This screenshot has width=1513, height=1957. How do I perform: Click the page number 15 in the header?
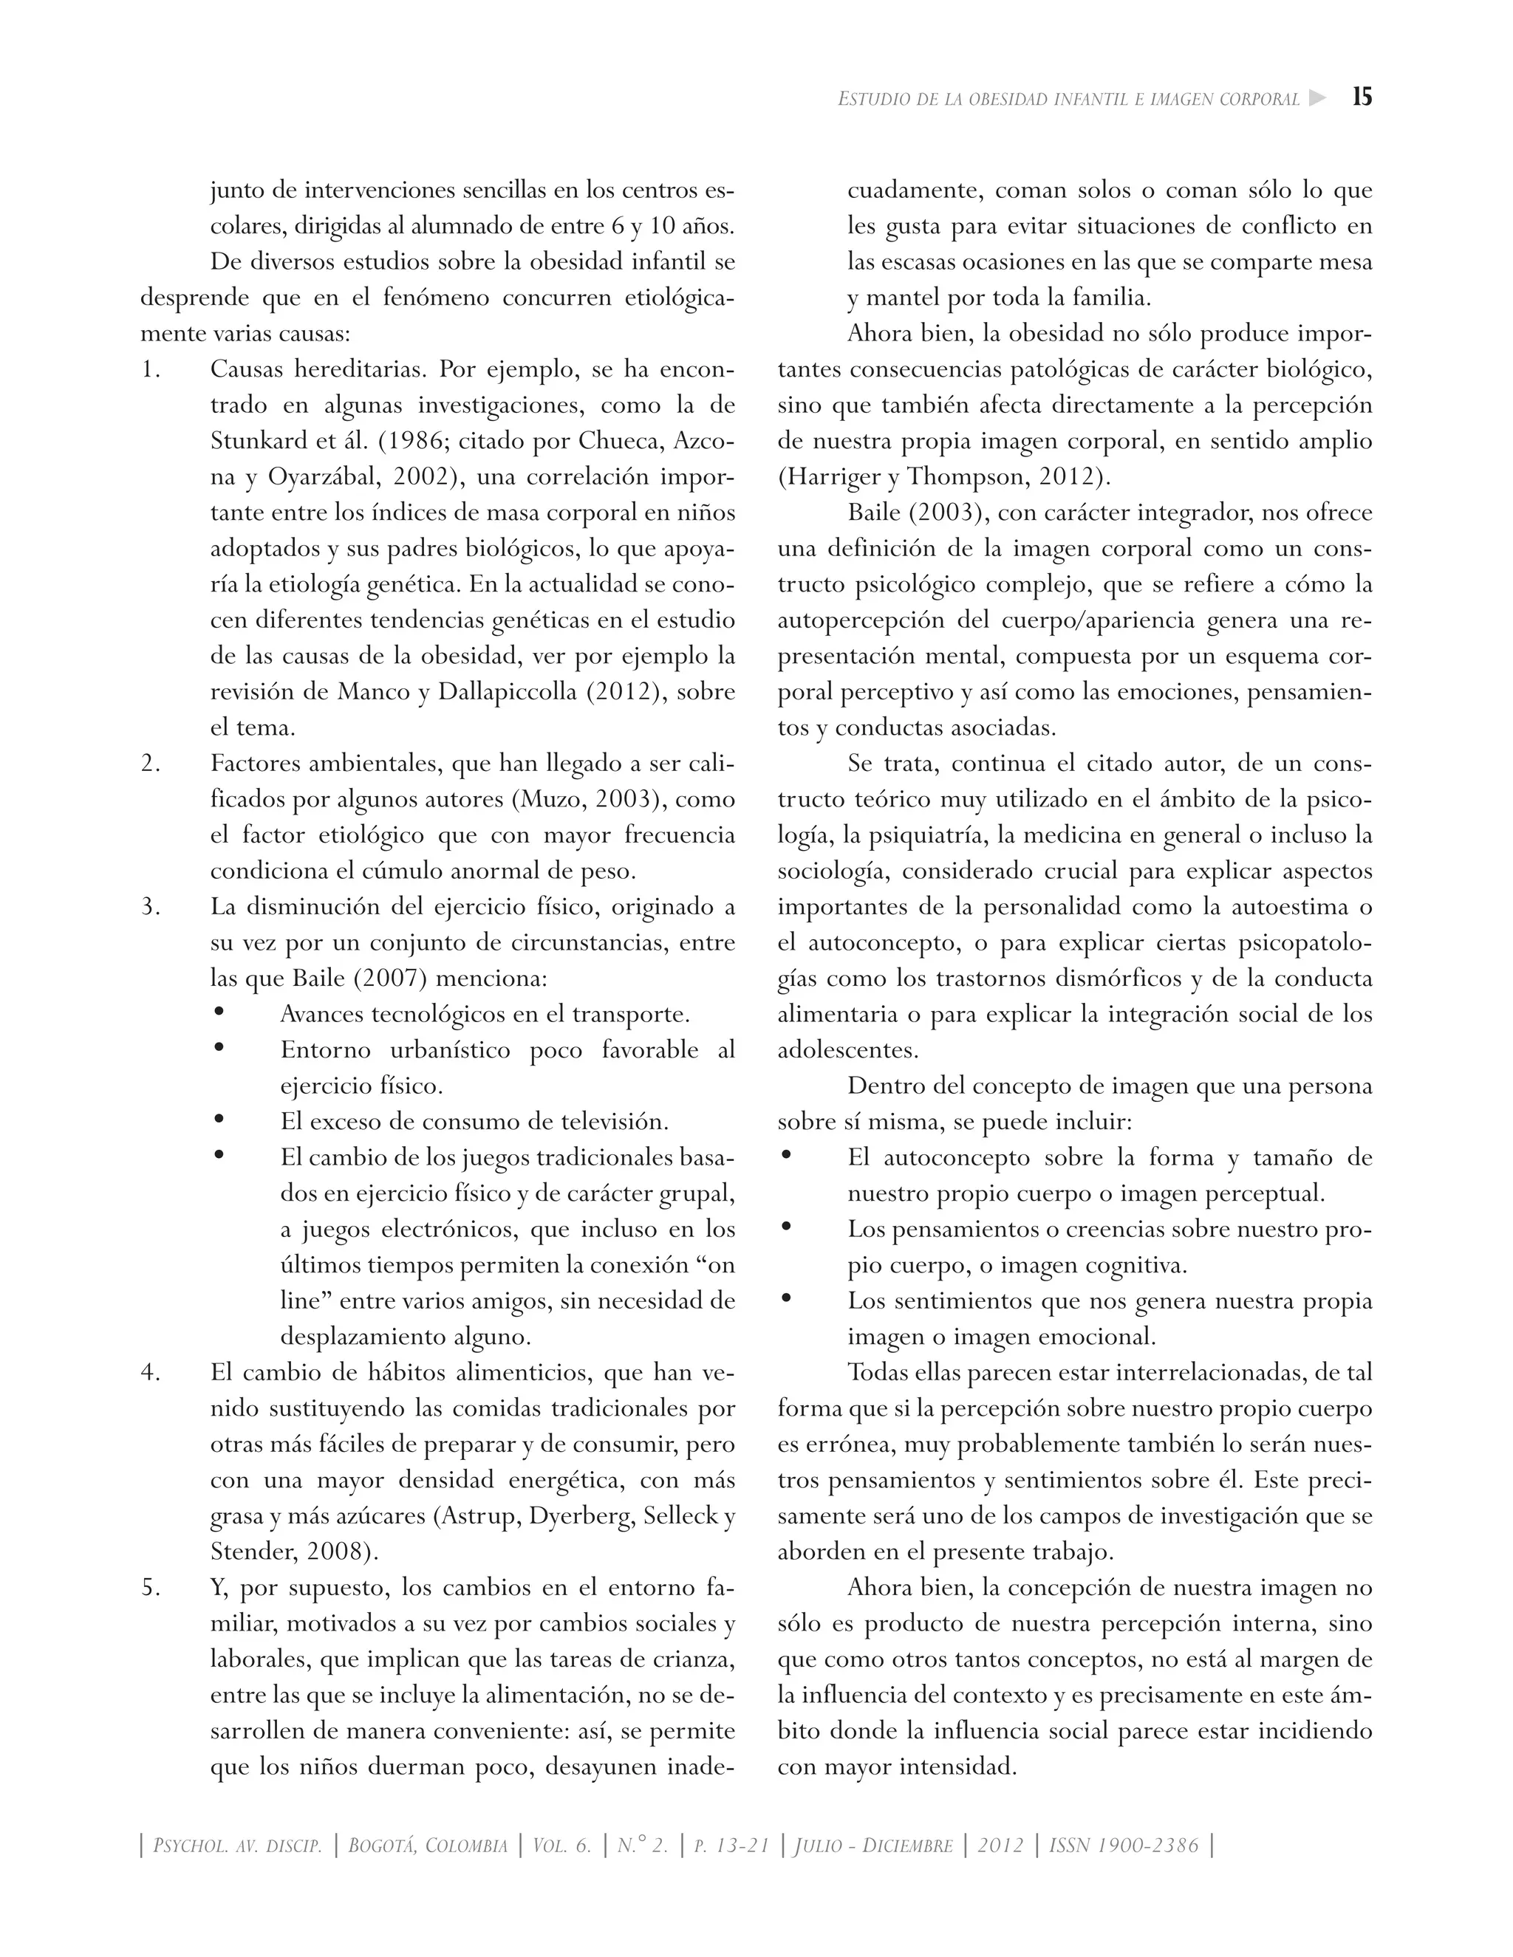tap(1362, 97)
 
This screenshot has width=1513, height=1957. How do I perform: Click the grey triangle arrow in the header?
tap(1316, 97)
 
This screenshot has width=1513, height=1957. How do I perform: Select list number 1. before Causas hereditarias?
tap(151, 369)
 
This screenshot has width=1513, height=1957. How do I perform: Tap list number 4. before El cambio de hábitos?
tap(151, 1373)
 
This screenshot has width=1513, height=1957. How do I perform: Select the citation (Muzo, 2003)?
tap(584, 799)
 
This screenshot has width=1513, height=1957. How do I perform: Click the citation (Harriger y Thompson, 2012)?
tap(944, 477)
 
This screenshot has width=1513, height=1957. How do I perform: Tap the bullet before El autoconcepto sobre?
tap(786, 1156)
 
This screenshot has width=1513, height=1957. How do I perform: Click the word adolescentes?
tap(836, 1050)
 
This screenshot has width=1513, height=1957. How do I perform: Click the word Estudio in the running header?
tap(872, 98)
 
